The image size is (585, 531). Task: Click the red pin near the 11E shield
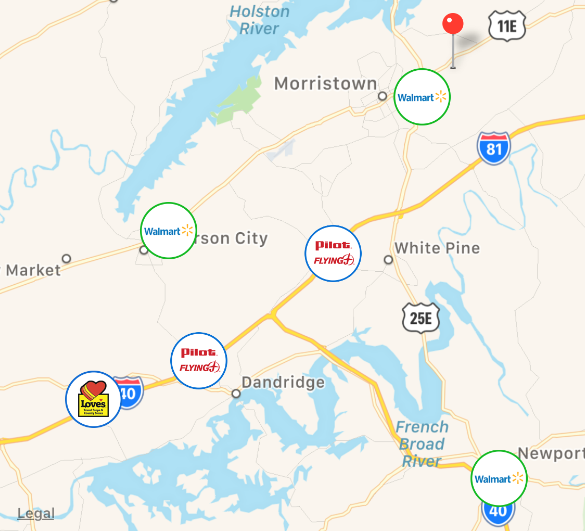[x=453, y=24]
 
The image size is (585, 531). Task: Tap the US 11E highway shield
[x=507, y=26]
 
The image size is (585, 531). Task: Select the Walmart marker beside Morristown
[x=422, y=97]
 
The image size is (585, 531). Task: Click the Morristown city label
[x=326, y=83]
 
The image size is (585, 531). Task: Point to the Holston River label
[x=259, y=19]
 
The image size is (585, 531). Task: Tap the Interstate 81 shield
[x=493, y=148]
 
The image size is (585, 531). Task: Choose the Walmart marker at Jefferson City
[x=168, y=231]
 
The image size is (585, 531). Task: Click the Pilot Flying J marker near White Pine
[x=333, y=254]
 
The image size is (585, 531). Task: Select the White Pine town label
[x=437, y=248]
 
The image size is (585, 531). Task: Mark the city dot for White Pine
[x=388, y=260]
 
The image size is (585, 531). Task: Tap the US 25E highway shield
[x=421, y=318]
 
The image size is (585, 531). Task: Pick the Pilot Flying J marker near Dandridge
[x=199, y=361]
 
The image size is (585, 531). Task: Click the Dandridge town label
[x=283, y=383]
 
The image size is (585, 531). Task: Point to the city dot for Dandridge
[x=236, y=394]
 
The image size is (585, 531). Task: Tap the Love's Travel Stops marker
[x=94, y=399]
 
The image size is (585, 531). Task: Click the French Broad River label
[x=422, y=444]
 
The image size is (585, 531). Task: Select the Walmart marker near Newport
[x=499, y=478]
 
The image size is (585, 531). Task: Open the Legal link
[x=36, y=514]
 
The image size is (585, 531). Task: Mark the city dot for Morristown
[x=383, y=96]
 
